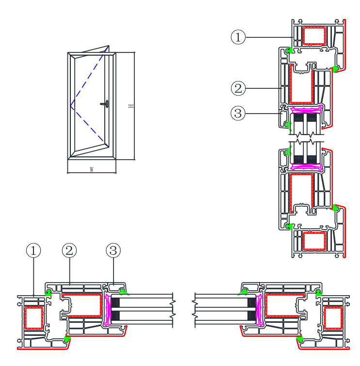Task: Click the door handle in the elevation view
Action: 106,103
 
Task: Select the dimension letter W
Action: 91,169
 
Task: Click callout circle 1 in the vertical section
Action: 238,37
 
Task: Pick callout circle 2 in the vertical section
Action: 238,88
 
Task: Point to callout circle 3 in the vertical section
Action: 238,114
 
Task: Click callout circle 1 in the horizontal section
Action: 33,250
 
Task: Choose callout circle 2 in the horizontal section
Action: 69,250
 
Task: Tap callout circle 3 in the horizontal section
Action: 113,250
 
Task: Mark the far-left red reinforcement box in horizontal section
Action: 33,318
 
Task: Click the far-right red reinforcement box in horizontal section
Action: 332,318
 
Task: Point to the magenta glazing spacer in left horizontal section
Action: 108,309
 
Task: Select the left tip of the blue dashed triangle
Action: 71,107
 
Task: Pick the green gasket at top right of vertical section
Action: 335,68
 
